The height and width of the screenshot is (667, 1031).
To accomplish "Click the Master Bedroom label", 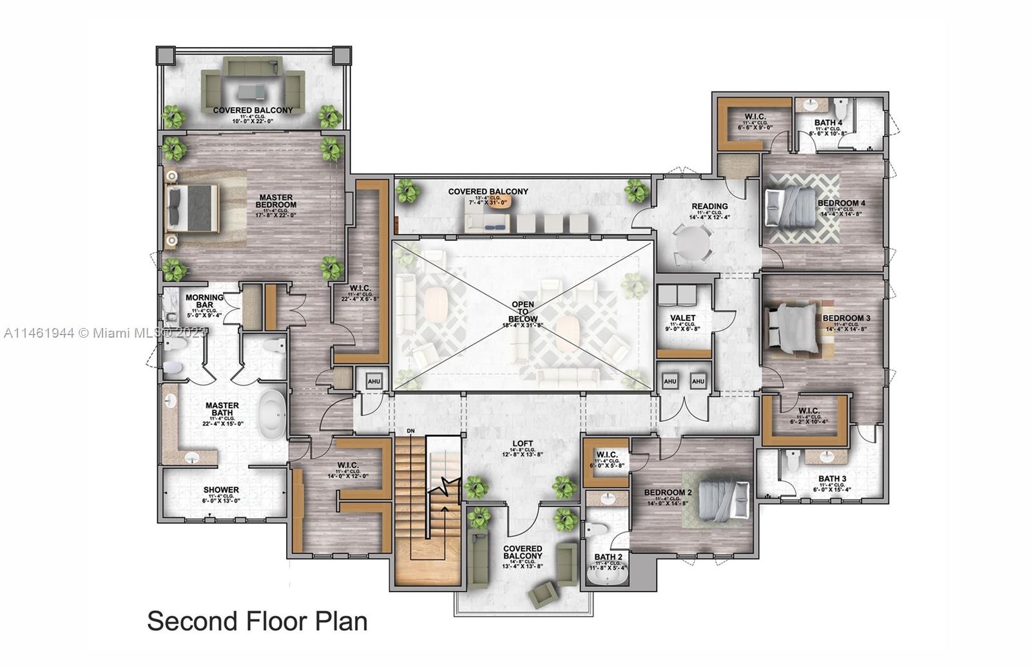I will [x=276, y=201].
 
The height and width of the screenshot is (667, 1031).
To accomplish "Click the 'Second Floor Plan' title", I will [x=257, y=621].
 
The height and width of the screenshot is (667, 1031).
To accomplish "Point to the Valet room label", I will [x=682, y=318].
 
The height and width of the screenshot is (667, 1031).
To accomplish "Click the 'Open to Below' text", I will [x=523, y=311].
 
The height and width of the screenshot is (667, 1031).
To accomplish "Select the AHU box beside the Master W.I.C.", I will [x=374, y=381].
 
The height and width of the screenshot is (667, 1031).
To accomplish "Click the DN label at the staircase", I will [x=410, y=430].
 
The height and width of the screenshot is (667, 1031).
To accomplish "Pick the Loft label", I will [x=523, y=443].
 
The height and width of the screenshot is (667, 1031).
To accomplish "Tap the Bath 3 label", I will [x=832, y=478].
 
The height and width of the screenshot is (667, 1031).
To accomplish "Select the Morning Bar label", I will [x=204, y=301].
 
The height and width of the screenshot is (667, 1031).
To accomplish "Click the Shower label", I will [x=221, y=490].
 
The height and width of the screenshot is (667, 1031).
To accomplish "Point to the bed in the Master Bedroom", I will [x=191, y=208].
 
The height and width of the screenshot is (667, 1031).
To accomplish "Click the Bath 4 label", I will [x=828, y=122].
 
